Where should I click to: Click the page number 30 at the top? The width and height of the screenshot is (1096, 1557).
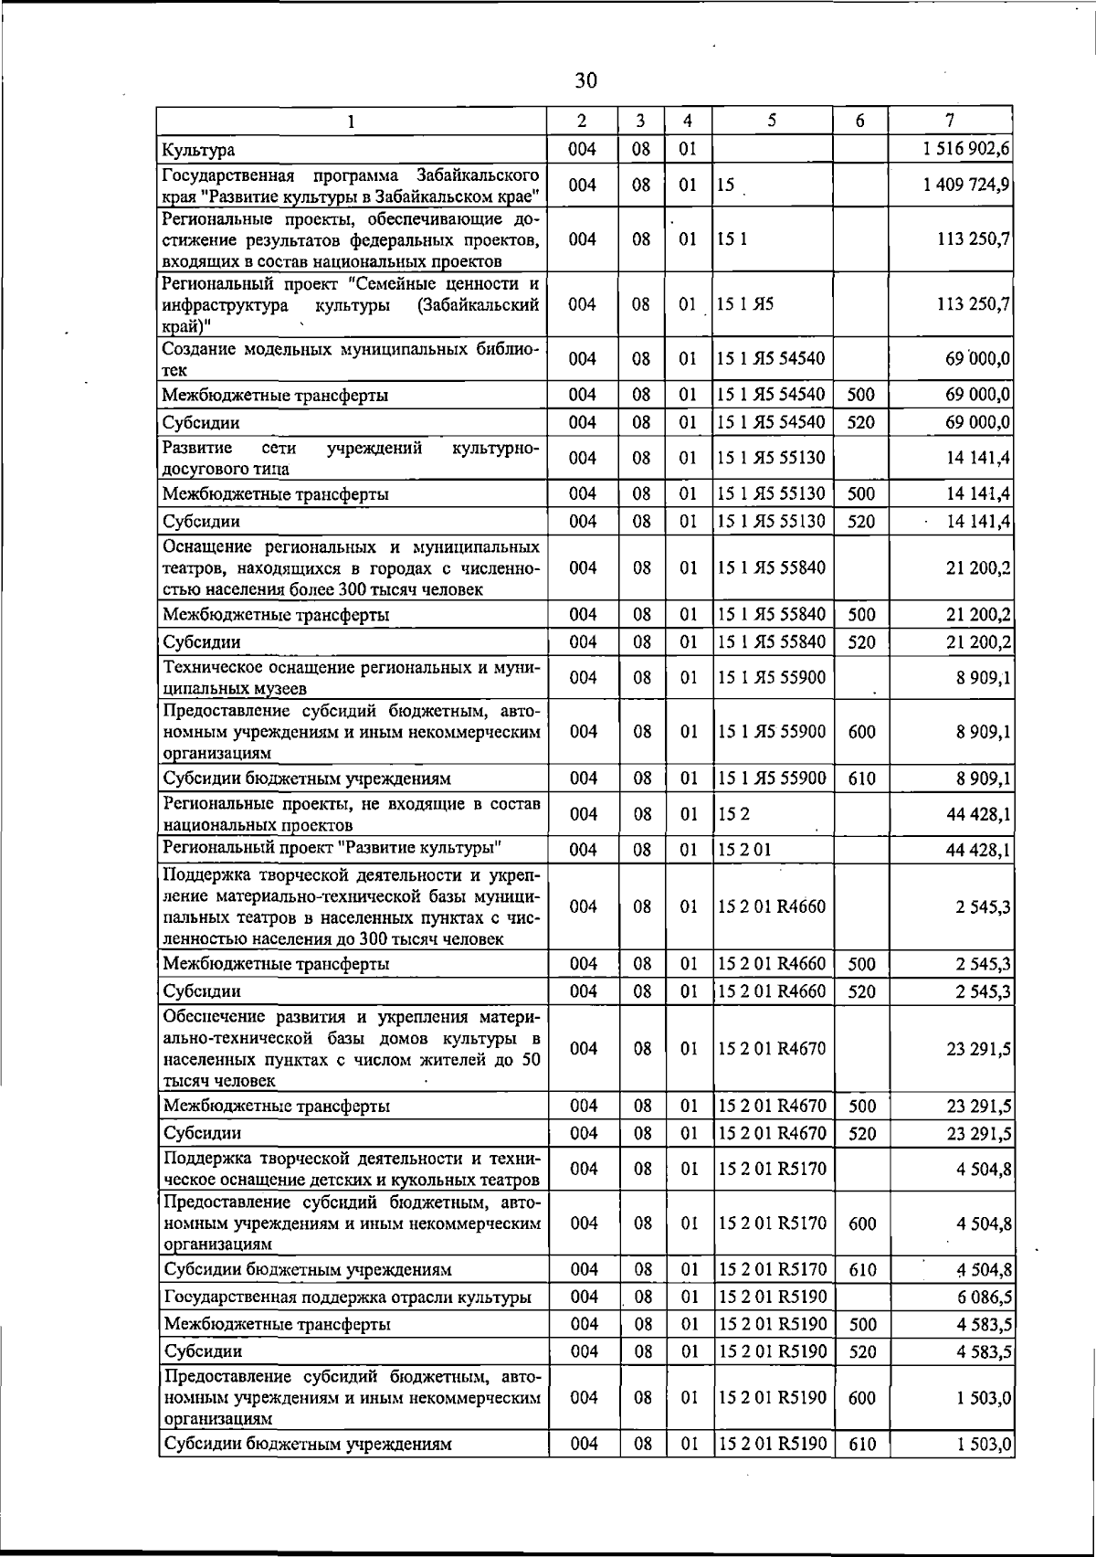point(585,80)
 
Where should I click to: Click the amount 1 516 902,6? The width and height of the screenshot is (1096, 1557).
point(966,149)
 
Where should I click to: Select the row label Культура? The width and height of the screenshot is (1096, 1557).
point(199,150)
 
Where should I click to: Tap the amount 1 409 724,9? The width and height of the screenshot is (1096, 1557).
point(966,185)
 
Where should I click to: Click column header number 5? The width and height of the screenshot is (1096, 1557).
point(772,120)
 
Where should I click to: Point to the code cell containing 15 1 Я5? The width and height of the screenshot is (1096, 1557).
point(745,304)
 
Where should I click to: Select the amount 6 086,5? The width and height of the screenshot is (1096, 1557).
point(978,1297)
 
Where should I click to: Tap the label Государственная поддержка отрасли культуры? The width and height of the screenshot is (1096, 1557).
point(347,1297)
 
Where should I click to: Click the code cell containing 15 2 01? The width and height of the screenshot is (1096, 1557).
point(744,850)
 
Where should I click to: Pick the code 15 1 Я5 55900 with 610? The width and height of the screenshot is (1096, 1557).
point(772,778)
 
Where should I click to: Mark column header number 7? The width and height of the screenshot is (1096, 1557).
point(950,120)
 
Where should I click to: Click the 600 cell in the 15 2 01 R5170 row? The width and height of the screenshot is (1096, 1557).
point(861,1223)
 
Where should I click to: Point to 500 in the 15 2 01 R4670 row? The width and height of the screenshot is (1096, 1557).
point(861,1107)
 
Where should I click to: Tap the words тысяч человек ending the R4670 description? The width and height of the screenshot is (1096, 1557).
point(219,1081)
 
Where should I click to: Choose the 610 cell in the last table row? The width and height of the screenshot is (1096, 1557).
point(861,1444)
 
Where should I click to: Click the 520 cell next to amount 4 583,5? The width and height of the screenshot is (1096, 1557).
point(861,1351)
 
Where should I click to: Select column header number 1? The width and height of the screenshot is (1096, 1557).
point(352,121)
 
